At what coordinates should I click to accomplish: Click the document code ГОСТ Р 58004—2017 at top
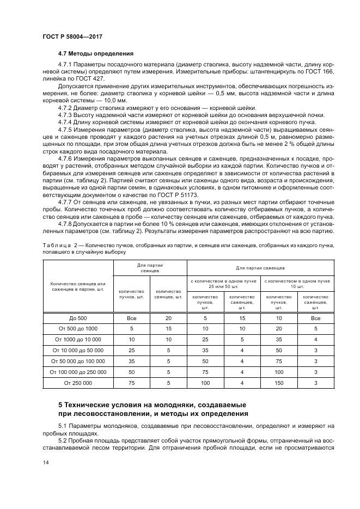coord(72,36)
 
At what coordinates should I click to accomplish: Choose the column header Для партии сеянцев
coord(150,267)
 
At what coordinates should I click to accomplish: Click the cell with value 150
coord(278,383)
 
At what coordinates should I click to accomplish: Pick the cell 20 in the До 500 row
coord(168,317)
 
